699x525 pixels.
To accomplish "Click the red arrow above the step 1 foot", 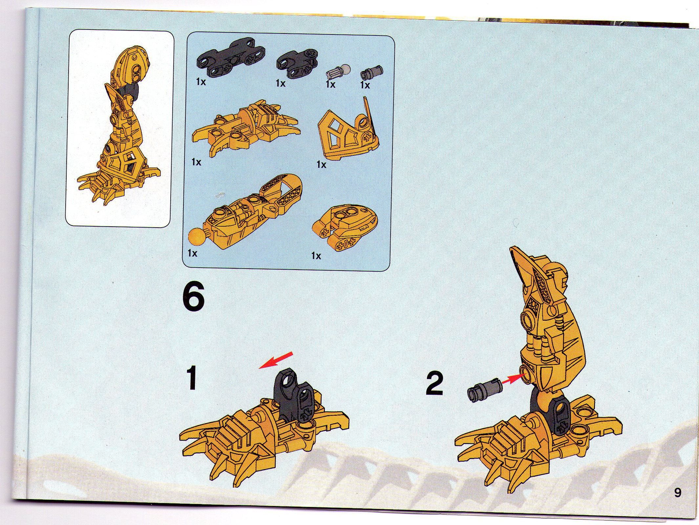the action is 275,360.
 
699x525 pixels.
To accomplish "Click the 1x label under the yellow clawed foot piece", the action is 197,162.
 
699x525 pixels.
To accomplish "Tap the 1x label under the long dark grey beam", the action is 201,82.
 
